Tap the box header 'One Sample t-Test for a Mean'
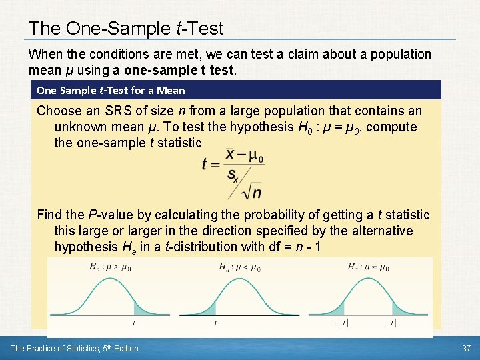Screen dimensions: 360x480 click(111, 90)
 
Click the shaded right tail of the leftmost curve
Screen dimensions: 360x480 click(142, 307)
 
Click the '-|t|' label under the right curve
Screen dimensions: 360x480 click(338, 323)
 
